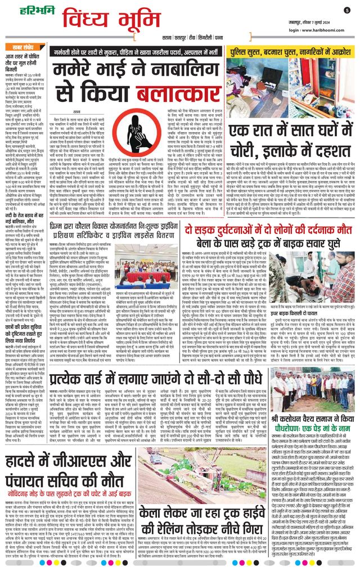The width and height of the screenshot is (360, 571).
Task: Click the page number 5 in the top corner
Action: click(347, 10)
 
